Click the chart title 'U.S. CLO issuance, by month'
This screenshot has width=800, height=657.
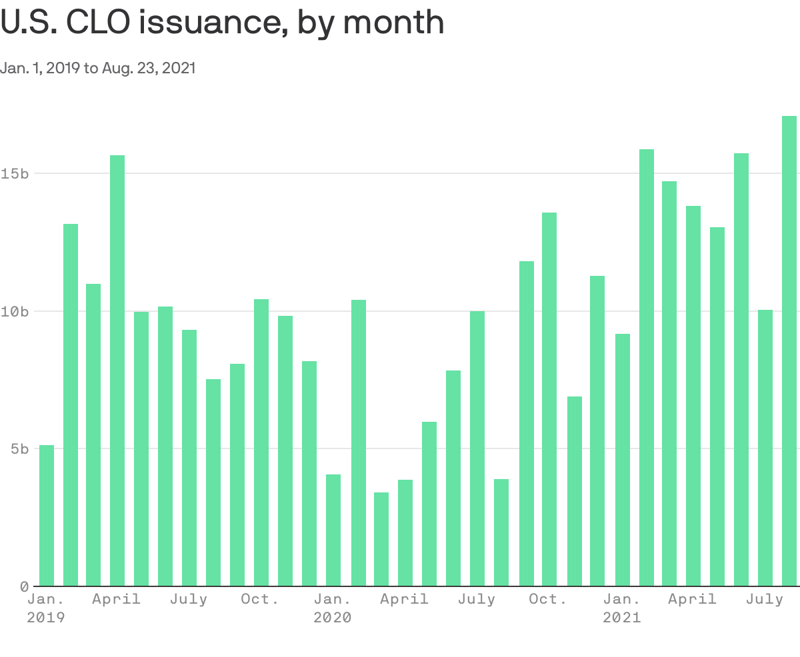222,23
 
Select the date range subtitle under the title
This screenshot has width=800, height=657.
98,68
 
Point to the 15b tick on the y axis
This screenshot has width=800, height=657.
14,173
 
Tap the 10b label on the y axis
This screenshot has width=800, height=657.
14,311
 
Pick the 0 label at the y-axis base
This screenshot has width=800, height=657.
24,586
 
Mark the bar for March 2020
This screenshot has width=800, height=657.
381,539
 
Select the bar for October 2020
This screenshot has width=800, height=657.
549,399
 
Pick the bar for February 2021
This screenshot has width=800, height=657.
647,367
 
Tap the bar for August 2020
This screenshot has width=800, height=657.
501,532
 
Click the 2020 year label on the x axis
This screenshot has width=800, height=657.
332,618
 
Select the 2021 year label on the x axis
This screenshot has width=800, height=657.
621,618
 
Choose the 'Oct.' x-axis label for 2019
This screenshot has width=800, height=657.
260,599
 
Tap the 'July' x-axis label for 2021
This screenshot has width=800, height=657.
765,599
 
